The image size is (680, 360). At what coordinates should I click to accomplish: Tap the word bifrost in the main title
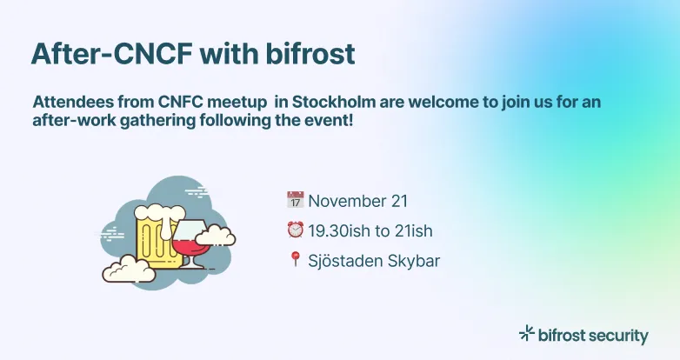[x=310, y=53]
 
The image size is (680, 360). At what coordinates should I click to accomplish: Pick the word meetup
[x=239, y=102]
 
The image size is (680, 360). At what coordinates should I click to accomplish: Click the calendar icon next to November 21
[x=295, y=201]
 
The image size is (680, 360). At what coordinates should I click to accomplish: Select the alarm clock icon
[x=295, y=230]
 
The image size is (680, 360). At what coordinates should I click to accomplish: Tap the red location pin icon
[x=295, y=259]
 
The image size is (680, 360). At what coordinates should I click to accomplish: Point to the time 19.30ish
[x=341, y=230]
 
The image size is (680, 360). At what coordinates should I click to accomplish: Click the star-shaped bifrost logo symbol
[x=526, y=333]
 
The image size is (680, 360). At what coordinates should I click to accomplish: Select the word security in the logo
[x=617, y=335]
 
